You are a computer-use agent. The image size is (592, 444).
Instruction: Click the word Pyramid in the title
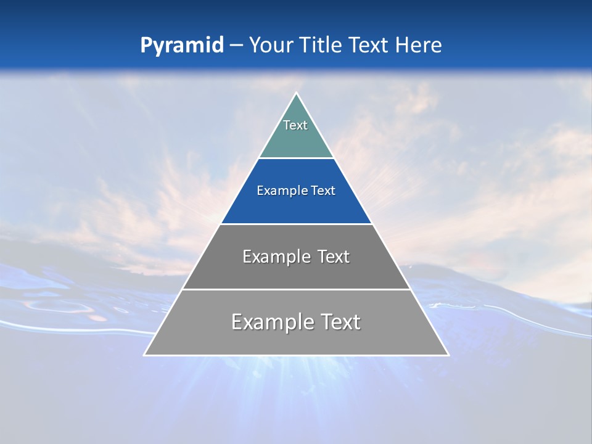point(181,46)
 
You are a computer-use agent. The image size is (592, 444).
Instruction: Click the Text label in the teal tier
point(295,125)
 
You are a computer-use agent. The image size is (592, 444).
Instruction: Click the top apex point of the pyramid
point(296,94)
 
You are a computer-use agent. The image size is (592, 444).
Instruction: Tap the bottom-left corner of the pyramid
point(145,355)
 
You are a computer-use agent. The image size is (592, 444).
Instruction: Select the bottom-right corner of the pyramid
point(448,355)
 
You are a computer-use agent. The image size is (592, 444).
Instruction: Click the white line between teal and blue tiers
point(296,158)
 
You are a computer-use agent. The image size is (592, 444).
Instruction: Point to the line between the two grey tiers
point(296,289)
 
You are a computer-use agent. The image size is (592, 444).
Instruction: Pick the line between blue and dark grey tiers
point(296,224)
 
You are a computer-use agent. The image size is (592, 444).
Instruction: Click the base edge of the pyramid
point(296,355)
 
